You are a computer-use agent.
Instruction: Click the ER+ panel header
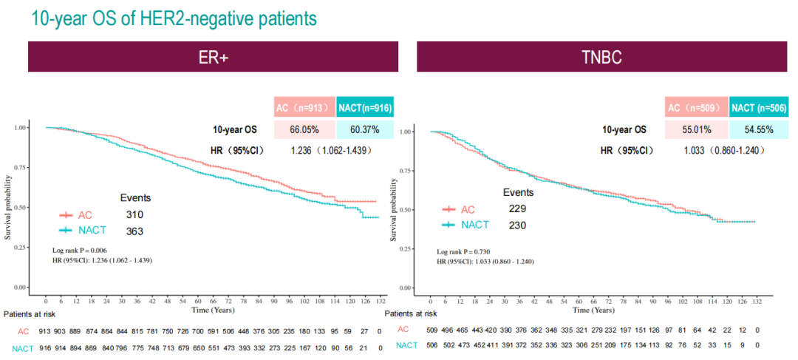tap(213, 58)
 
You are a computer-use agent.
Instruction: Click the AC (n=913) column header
tap(304, 108)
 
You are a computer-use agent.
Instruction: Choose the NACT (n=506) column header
tap(757, 108)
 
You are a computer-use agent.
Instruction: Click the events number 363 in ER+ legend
tap(134, 231)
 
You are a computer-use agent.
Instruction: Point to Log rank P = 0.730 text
tap(463, 252)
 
